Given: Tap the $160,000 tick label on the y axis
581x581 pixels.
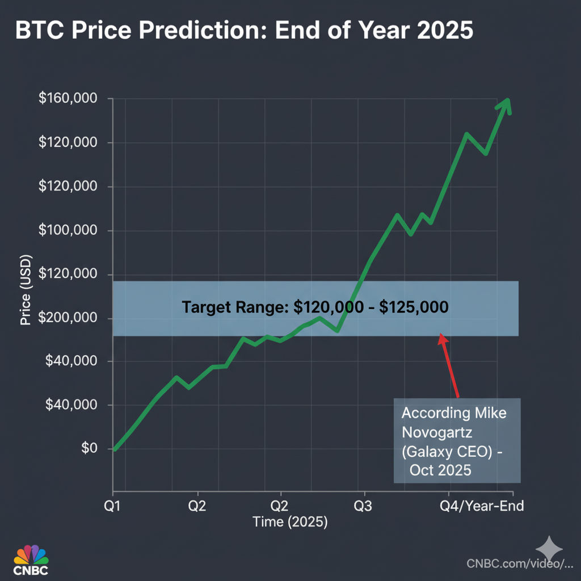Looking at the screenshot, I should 68,99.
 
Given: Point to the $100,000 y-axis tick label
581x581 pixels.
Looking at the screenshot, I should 68,230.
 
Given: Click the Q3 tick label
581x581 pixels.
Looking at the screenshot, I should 363,506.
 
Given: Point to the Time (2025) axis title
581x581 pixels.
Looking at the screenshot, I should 290,521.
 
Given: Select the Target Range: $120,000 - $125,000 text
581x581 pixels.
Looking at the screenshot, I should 315,308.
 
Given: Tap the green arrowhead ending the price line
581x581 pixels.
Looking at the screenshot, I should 505,105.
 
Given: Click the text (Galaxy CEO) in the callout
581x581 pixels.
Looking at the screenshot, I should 448,452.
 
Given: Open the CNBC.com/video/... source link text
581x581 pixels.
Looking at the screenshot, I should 519,563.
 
